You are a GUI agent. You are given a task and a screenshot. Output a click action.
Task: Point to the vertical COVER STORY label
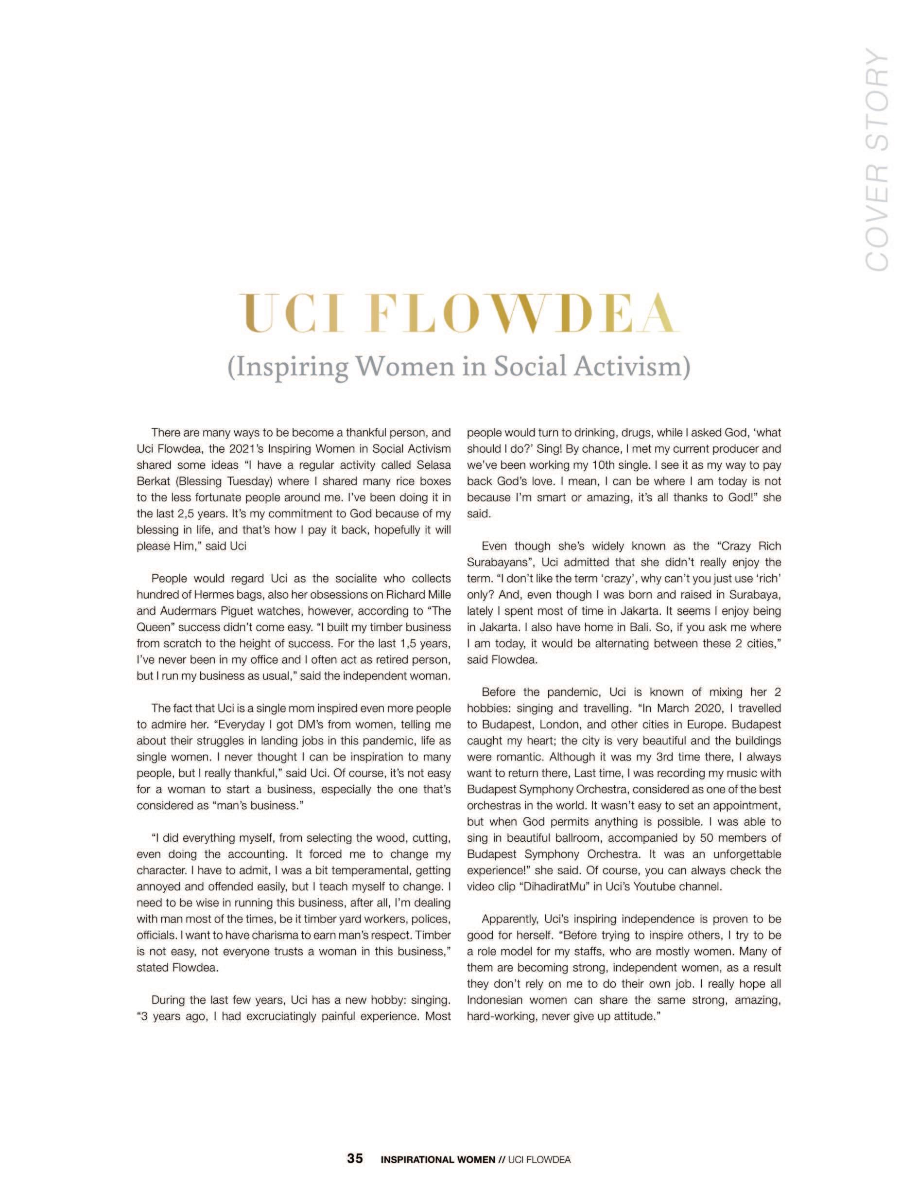pos(876,160)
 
